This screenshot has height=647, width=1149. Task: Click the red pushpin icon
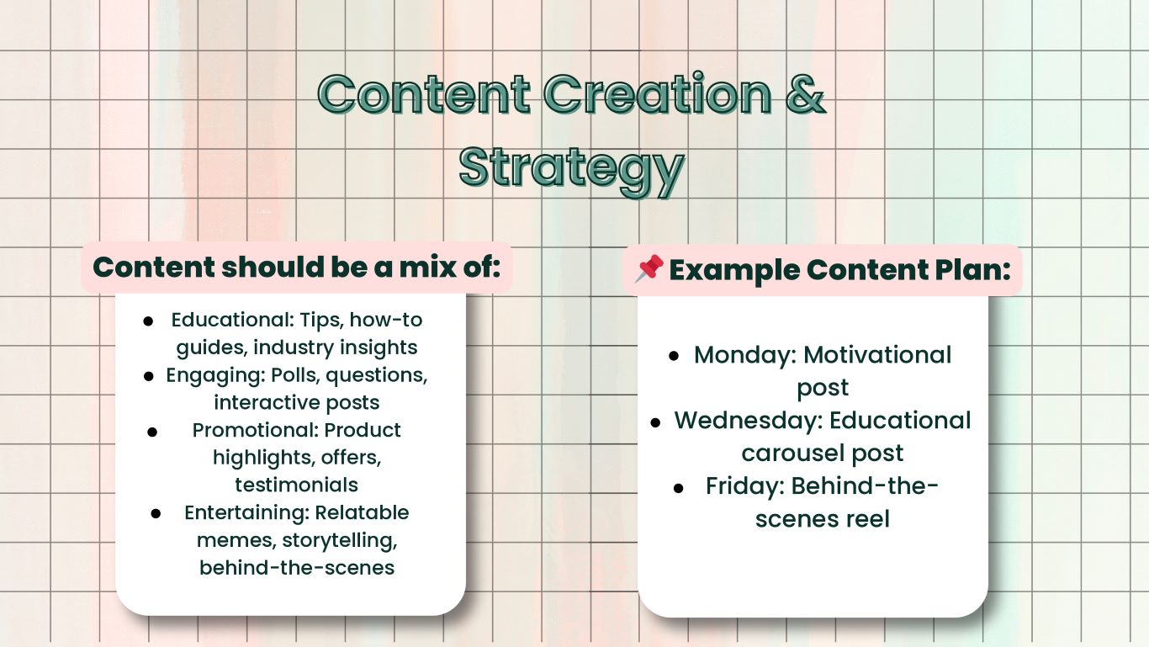(x=649, y=268)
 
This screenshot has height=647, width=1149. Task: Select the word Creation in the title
(x=658, y=94)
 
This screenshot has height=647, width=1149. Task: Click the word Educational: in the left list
(x=232, y=320)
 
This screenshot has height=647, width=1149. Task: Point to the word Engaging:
(x=216, y=375)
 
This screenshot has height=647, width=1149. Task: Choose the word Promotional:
(x=255, y=430)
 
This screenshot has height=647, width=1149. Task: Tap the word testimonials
(x=296, y=485)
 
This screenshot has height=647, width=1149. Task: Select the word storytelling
(x=340, y=541)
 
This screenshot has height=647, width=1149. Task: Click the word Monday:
(x=745, y=355)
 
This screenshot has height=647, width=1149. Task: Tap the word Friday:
(x=745, y=486)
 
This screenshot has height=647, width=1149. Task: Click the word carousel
(x=792, y=453)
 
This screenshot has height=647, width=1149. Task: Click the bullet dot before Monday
(x=674, y=356)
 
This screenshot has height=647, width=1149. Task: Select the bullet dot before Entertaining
(x=156, y=513)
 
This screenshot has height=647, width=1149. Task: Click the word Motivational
(x=877, y=355)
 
